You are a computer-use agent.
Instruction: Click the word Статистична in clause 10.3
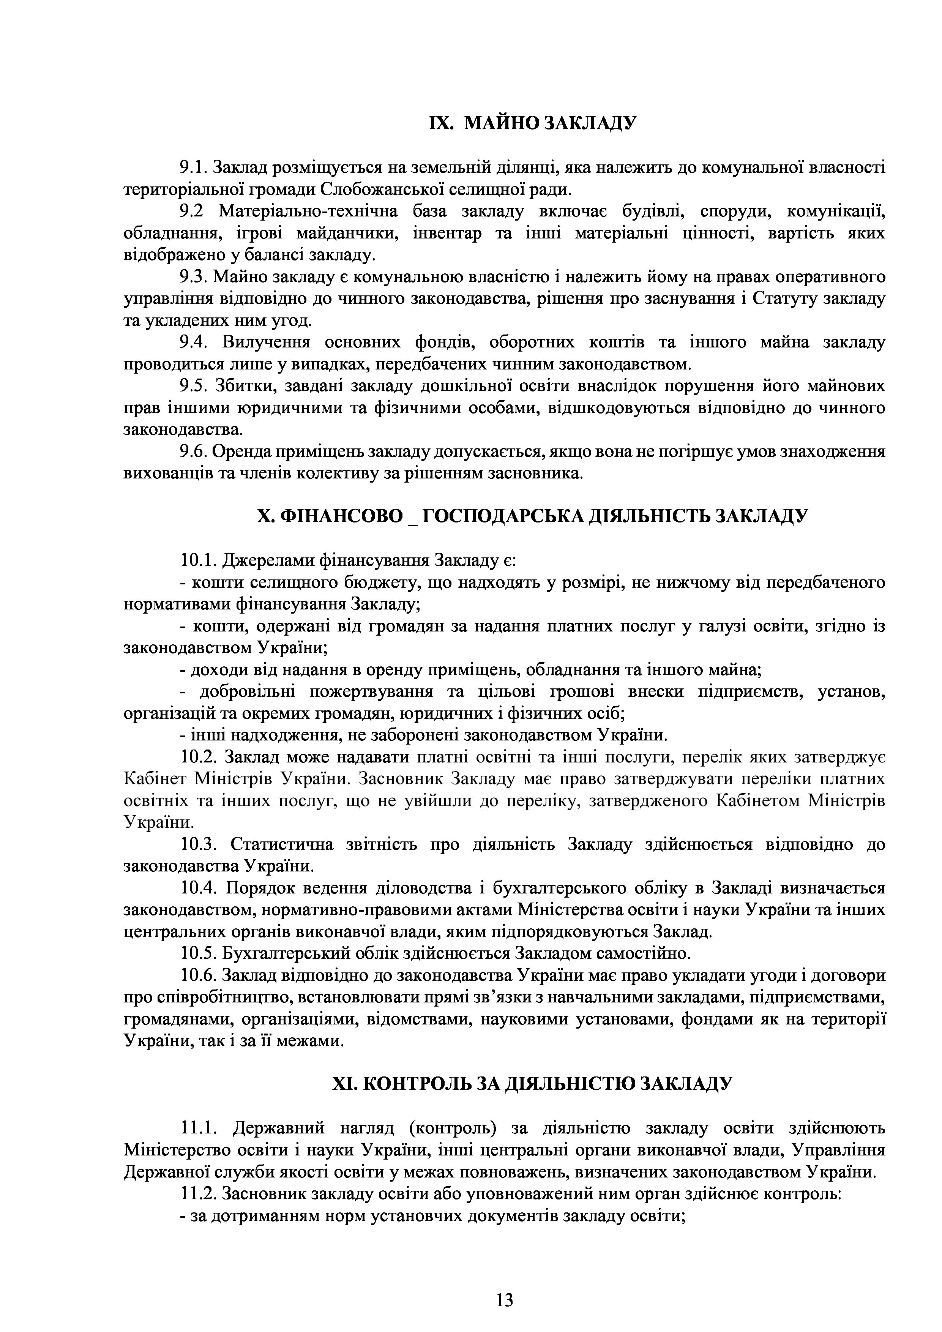[x=282, y=844]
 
